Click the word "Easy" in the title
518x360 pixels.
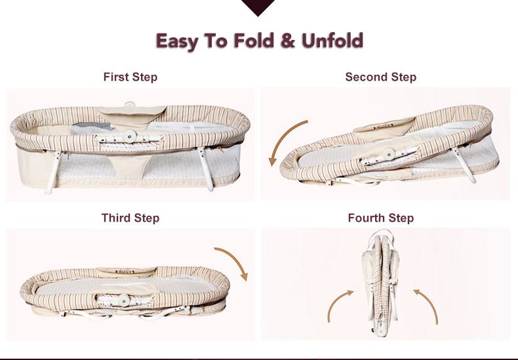(177, 41)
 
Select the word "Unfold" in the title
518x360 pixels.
(332, 40)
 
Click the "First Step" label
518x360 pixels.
(130, 77)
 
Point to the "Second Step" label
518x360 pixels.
(380, 77)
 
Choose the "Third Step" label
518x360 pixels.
(130, 218)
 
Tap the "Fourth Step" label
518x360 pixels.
(380, 218)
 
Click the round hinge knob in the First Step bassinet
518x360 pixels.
(129, 136)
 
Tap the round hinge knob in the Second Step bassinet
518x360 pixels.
(389, 154)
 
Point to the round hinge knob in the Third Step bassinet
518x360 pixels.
(123, 300)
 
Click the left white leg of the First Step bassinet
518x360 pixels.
(54, 172)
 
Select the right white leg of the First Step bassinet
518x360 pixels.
(206, 169)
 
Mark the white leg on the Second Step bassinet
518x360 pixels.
(465, 165)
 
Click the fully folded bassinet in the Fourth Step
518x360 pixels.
(380, 283)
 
